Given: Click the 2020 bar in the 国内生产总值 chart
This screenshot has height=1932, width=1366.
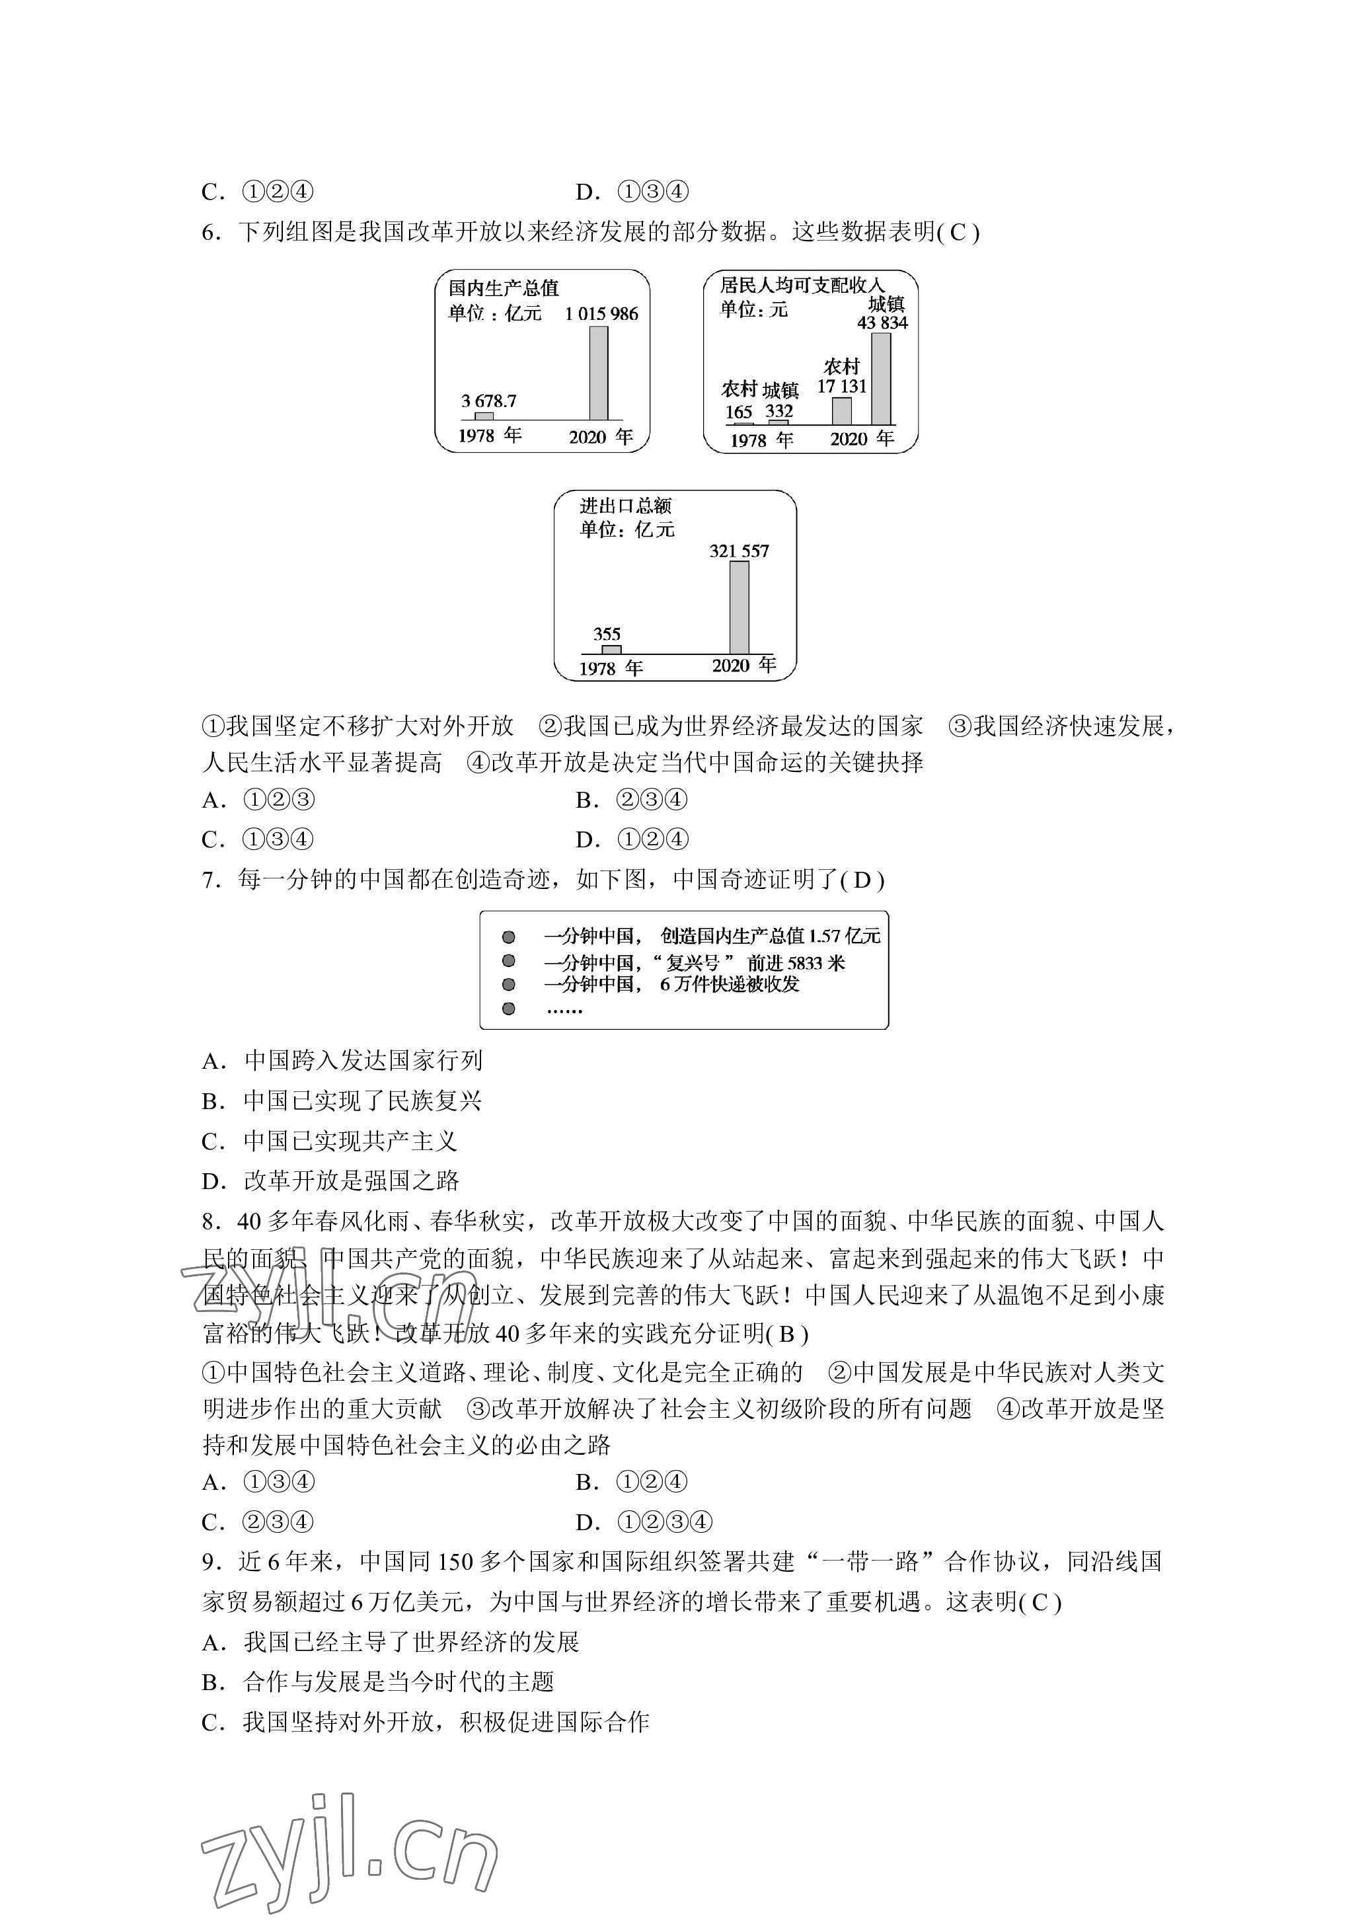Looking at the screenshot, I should (x=598, y=373).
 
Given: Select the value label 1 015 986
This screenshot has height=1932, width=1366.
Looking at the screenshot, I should (x=601, y=314).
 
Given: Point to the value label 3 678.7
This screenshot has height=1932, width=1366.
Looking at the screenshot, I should (x=488, y=401).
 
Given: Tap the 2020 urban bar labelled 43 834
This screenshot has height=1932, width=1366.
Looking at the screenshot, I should (x=881, y=379).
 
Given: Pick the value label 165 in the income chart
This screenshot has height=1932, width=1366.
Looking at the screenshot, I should (x=739, y=412).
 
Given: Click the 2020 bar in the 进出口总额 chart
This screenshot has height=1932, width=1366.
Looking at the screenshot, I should (x=739, y=607).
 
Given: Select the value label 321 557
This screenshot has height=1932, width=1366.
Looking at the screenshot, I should (x=739, y=551).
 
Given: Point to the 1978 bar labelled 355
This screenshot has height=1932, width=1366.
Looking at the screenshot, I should (x=611, y=649).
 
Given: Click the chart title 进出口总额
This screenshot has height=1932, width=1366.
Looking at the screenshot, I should (x=625, y=506).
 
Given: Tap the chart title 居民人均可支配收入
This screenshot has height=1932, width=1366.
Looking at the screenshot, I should (x=802, y=286).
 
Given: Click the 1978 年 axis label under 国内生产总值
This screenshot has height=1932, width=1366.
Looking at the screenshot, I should (x=490, y=435).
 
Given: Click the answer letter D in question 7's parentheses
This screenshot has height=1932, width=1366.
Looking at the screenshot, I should (x=862, y=880).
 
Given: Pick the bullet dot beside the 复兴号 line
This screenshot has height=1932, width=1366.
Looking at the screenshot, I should (x=508, y=960).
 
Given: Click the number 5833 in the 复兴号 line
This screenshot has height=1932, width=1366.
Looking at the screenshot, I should (x=806, y=962).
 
